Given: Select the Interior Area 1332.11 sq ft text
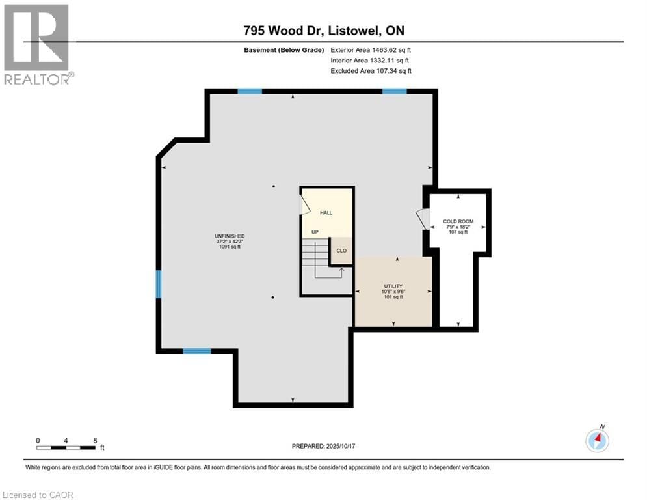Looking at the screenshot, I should click(371, 61).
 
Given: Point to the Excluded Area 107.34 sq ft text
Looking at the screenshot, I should click(371, 71).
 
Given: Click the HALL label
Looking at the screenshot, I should click(326, 213).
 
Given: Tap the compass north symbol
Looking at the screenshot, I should click(597, 441).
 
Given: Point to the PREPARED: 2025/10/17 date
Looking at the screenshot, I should click(323, 446).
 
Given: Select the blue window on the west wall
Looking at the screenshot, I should click(158, 285).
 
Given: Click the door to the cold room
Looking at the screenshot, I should click(423, 219).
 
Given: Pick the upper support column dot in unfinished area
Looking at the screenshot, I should click(274, 187).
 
